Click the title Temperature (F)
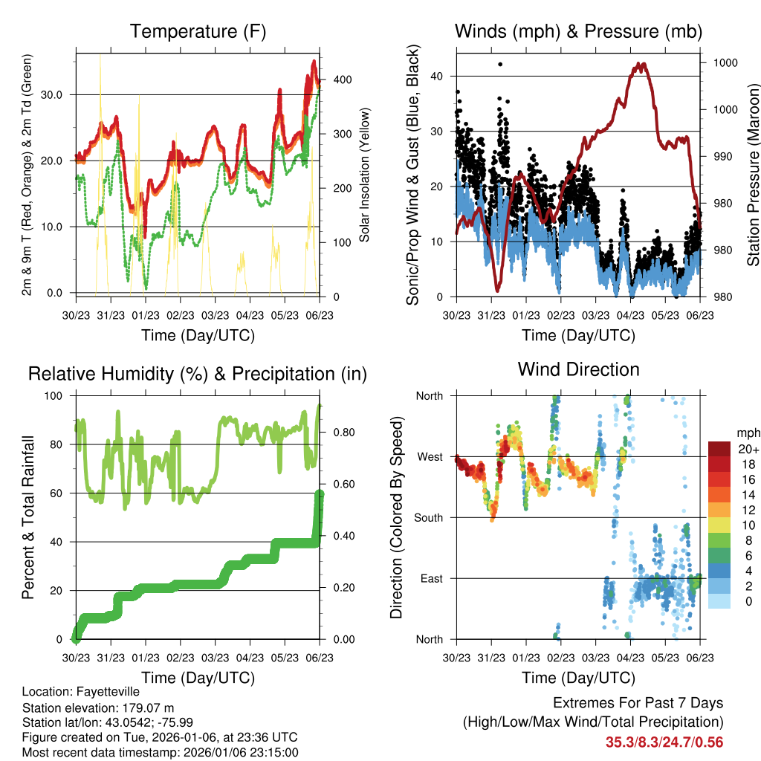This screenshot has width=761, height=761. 198,32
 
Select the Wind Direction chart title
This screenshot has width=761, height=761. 578,369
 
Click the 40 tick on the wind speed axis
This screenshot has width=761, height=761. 436,76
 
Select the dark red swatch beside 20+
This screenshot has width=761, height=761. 719,448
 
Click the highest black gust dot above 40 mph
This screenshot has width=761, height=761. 500,64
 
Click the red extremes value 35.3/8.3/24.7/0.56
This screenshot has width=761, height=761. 664,742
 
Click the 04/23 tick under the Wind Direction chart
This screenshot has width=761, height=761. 630,658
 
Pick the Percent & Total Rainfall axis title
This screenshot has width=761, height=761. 27,517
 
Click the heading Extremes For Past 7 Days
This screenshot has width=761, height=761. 638,703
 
